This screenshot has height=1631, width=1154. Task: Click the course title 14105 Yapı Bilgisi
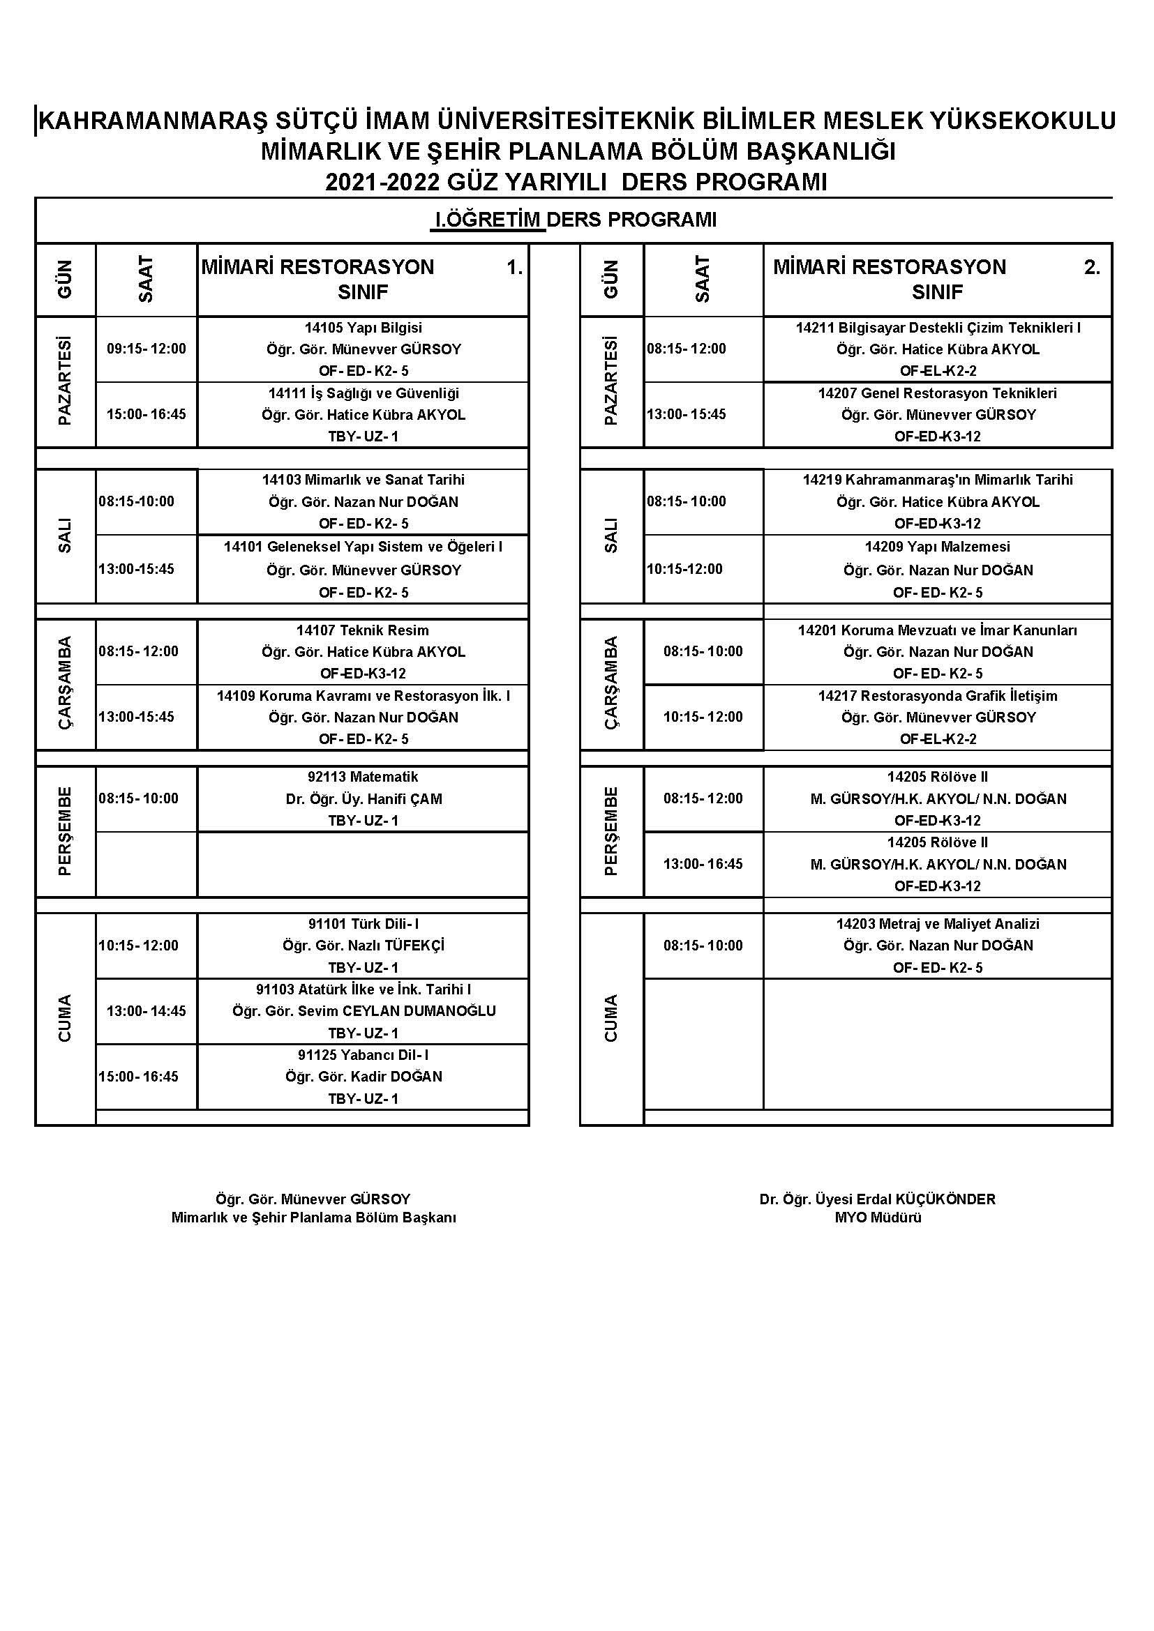click(x=363, y=328)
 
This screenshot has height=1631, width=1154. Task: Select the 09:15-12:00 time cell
click(x=147, y=349)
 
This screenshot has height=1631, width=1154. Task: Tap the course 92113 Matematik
click(x=363, y=776)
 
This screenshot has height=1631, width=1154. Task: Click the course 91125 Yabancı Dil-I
click(x=363, y=1055)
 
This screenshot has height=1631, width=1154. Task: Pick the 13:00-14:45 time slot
click(x=147, y=1011)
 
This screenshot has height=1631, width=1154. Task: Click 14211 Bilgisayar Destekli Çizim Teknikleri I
click(x=938, y=328)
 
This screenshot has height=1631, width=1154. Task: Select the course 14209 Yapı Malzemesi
click(x=937, y=546)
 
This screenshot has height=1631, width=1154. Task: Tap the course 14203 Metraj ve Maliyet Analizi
click(x=937, y=923)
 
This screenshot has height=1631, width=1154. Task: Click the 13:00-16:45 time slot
click(x=703, y=864)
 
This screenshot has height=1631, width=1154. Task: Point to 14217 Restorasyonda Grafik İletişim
click(x=937, y=695)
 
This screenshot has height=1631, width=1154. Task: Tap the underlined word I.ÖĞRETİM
click(x=488, y=220)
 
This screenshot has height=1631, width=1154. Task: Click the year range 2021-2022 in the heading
click(x=383, y=182)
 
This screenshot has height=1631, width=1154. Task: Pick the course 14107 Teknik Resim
click(x=362, y=630)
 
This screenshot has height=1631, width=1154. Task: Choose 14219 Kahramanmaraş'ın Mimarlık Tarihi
click(x=937, y=480)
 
